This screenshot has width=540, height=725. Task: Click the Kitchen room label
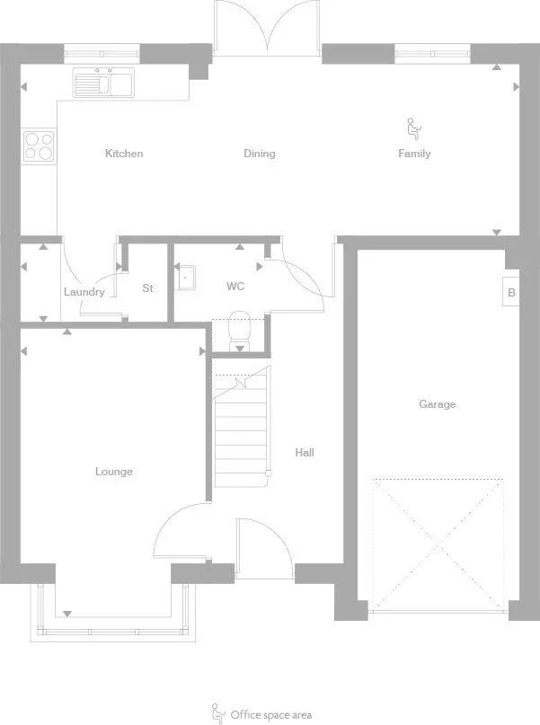click(124, 154)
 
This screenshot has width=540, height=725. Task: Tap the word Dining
click(260, 154)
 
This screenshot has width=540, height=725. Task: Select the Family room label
click(414, 154)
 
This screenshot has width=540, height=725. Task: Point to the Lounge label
click(114, 472)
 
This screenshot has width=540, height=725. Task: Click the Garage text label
click(438, 404)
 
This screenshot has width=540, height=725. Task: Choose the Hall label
click(305, 452)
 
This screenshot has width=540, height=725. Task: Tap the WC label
click(235, 287)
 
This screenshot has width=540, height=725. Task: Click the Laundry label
click(84, 292)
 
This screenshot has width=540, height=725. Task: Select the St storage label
click(147, 288)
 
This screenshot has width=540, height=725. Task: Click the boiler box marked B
click(511, 292)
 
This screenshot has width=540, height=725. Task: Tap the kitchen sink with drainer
click(103, 83)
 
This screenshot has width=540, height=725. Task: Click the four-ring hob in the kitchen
click(39, 146)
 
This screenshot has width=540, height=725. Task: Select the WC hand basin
click(187, 278)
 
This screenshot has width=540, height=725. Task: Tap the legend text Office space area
click(271, 715)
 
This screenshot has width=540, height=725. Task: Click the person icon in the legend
click(217, 714)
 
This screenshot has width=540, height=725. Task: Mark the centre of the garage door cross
click(438, 545)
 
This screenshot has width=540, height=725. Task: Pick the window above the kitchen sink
click(102, 54)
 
